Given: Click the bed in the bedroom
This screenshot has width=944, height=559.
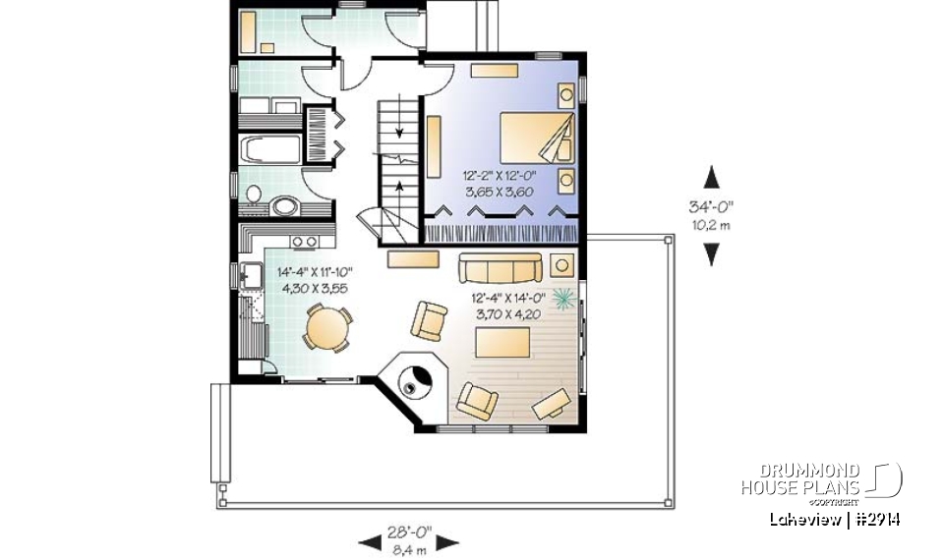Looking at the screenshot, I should (x=535, y=138).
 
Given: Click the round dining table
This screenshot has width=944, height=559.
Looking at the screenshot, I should (x=326, y=328).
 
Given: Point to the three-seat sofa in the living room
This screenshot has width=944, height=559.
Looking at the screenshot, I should (x=500, y=266).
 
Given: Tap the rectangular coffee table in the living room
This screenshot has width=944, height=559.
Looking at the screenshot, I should (x=502, y=343).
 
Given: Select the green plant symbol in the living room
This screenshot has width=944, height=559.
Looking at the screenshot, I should (x=564, y=298).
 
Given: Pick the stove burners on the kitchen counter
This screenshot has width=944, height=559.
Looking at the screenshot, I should (x=304, y=241).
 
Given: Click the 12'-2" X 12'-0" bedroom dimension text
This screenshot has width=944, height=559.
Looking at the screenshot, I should (x=498, y=177).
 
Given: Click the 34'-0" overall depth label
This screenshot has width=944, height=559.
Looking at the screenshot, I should (x=711, y=206).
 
